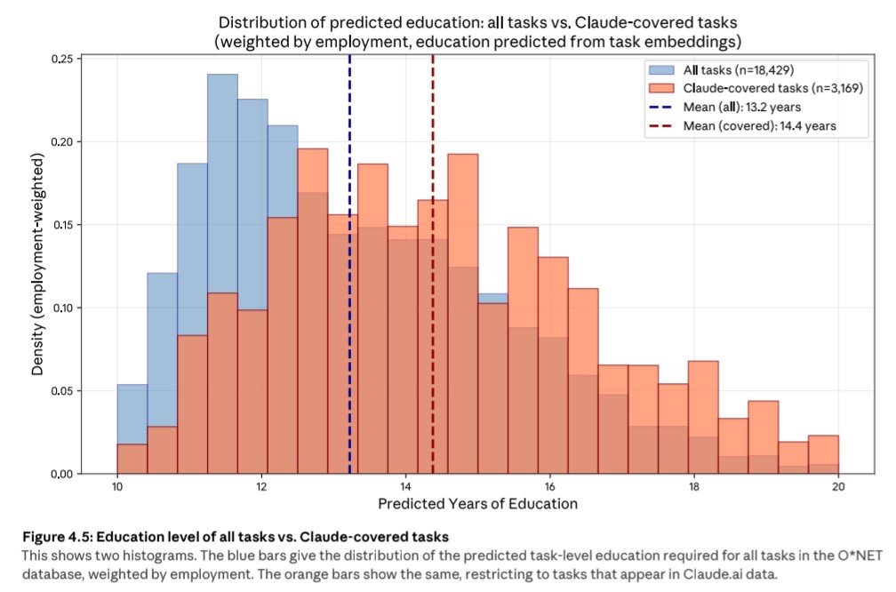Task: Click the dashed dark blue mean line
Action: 349,267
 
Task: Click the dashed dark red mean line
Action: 433,267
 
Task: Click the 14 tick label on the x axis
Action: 405,488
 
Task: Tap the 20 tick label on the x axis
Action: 838,488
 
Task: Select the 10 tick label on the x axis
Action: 117,488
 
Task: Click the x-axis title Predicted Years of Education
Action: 477,504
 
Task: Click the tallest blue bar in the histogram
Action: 222,267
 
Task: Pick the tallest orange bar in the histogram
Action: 312,311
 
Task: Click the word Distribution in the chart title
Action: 259,21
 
